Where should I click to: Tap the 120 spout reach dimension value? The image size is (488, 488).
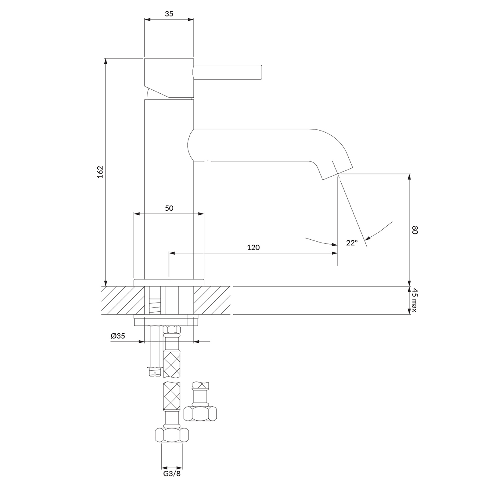tap(253, 247)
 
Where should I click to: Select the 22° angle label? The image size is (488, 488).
tap(352, 243)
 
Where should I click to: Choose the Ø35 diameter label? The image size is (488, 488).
tap(118, 336)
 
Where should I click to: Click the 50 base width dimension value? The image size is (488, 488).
tap(169, 208)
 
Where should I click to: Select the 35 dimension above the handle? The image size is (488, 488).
tap(169, 14)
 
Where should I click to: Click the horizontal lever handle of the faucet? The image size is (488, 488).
tap(229, 73)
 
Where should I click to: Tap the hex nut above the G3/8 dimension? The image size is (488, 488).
tap(172, 435)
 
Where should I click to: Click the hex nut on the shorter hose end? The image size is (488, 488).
tap(200, 414)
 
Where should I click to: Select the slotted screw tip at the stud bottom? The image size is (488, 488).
tap(155, 372)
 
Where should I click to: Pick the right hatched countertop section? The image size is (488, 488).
tap(212, 300)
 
